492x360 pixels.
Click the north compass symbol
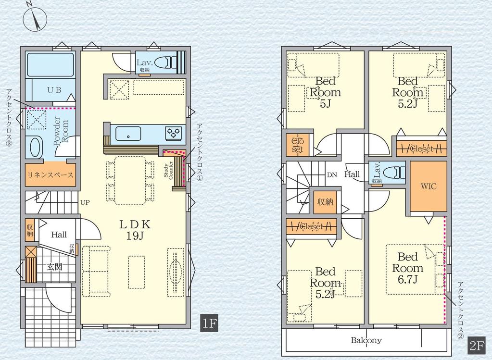pyautogui.click(x=35, y=19)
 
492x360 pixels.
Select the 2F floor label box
pyautogui.click(x=476, y=345)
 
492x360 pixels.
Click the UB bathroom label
pyautogui.click(x=54, y=90)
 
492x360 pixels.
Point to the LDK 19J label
pyautogui.click(x=135, y=230)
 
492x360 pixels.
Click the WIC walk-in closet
pyautogui.click(x=429, y=186)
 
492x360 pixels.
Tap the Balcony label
pyautogui.click(x=366, y=340)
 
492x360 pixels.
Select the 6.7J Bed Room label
pyautogui.click(x=407, y=268)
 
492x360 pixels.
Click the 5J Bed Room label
pyautogui.click(x=326, y=92)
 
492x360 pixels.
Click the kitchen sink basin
pyautogui.click(x=128, y=133)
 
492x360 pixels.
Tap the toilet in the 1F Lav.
pyautogui.click(x=165, y=62)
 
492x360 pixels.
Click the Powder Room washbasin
pyautogui.click(x=35, y=147)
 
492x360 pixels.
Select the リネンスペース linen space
pyautogui.click(x=50, y=174)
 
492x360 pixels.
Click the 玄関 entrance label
pyautogui.click(x=55, y=267)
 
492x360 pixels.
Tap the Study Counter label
pyautogui.click(x=168, y=170)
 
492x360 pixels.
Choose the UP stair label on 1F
pyautogui.click(x=85, y=202)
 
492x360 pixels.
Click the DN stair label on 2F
pyautogui.click(x=332, y=174)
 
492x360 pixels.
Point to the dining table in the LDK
pyautogui.click(x=130, y=181)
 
